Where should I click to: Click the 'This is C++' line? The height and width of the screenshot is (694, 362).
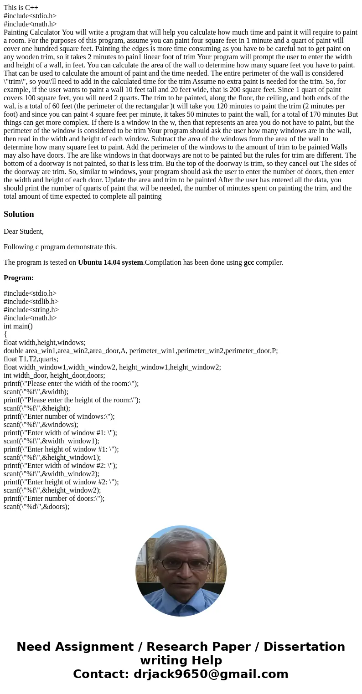21,8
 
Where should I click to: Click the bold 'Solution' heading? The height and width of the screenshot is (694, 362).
19,214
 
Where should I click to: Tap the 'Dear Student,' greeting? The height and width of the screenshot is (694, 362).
24,231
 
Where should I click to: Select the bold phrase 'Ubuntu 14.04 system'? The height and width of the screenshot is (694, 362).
110,262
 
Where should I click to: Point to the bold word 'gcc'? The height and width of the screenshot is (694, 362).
249,262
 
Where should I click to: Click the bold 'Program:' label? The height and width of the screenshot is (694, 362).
19,278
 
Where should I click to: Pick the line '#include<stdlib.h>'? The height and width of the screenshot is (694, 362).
31,302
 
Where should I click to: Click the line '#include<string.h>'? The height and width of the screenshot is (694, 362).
31,310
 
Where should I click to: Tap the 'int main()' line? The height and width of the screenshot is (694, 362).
18,326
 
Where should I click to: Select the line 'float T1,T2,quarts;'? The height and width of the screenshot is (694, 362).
31,359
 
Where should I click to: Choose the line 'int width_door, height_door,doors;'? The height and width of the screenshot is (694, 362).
54,375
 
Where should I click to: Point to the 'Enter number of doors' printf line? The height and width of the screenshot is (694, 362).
54,499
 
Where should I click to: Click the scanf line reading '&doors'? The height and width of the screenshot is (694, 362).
36,507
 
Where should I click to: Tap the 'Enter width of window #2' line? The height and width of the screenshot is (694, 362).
60,466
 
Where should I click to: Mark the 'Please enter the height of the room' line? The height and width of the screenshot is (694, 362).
72,400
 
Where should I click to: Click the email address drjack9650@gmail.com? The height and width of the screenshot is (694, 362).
211,674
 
